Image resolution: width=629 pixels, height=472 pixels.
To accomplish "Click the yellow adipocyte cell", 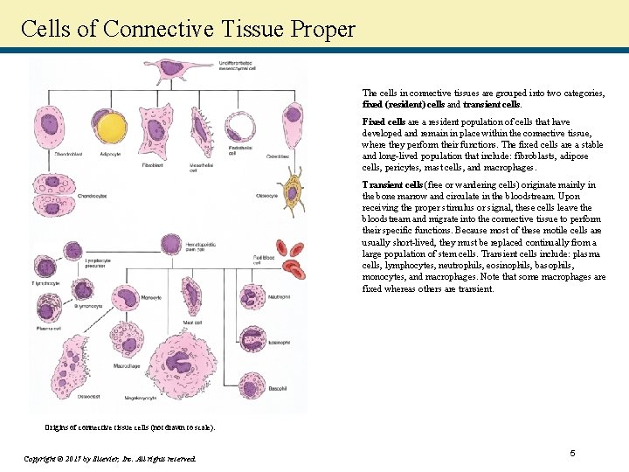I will pos(111,129).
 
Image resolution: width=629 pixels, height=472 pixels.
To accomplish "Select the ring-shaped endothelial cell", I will pos(241,128).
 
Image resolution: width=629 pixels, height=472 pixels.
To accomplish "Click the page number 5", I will pos(572,453).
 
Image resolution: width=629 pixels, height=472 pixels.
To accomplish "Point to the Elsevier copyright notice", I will pos(110,458).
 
